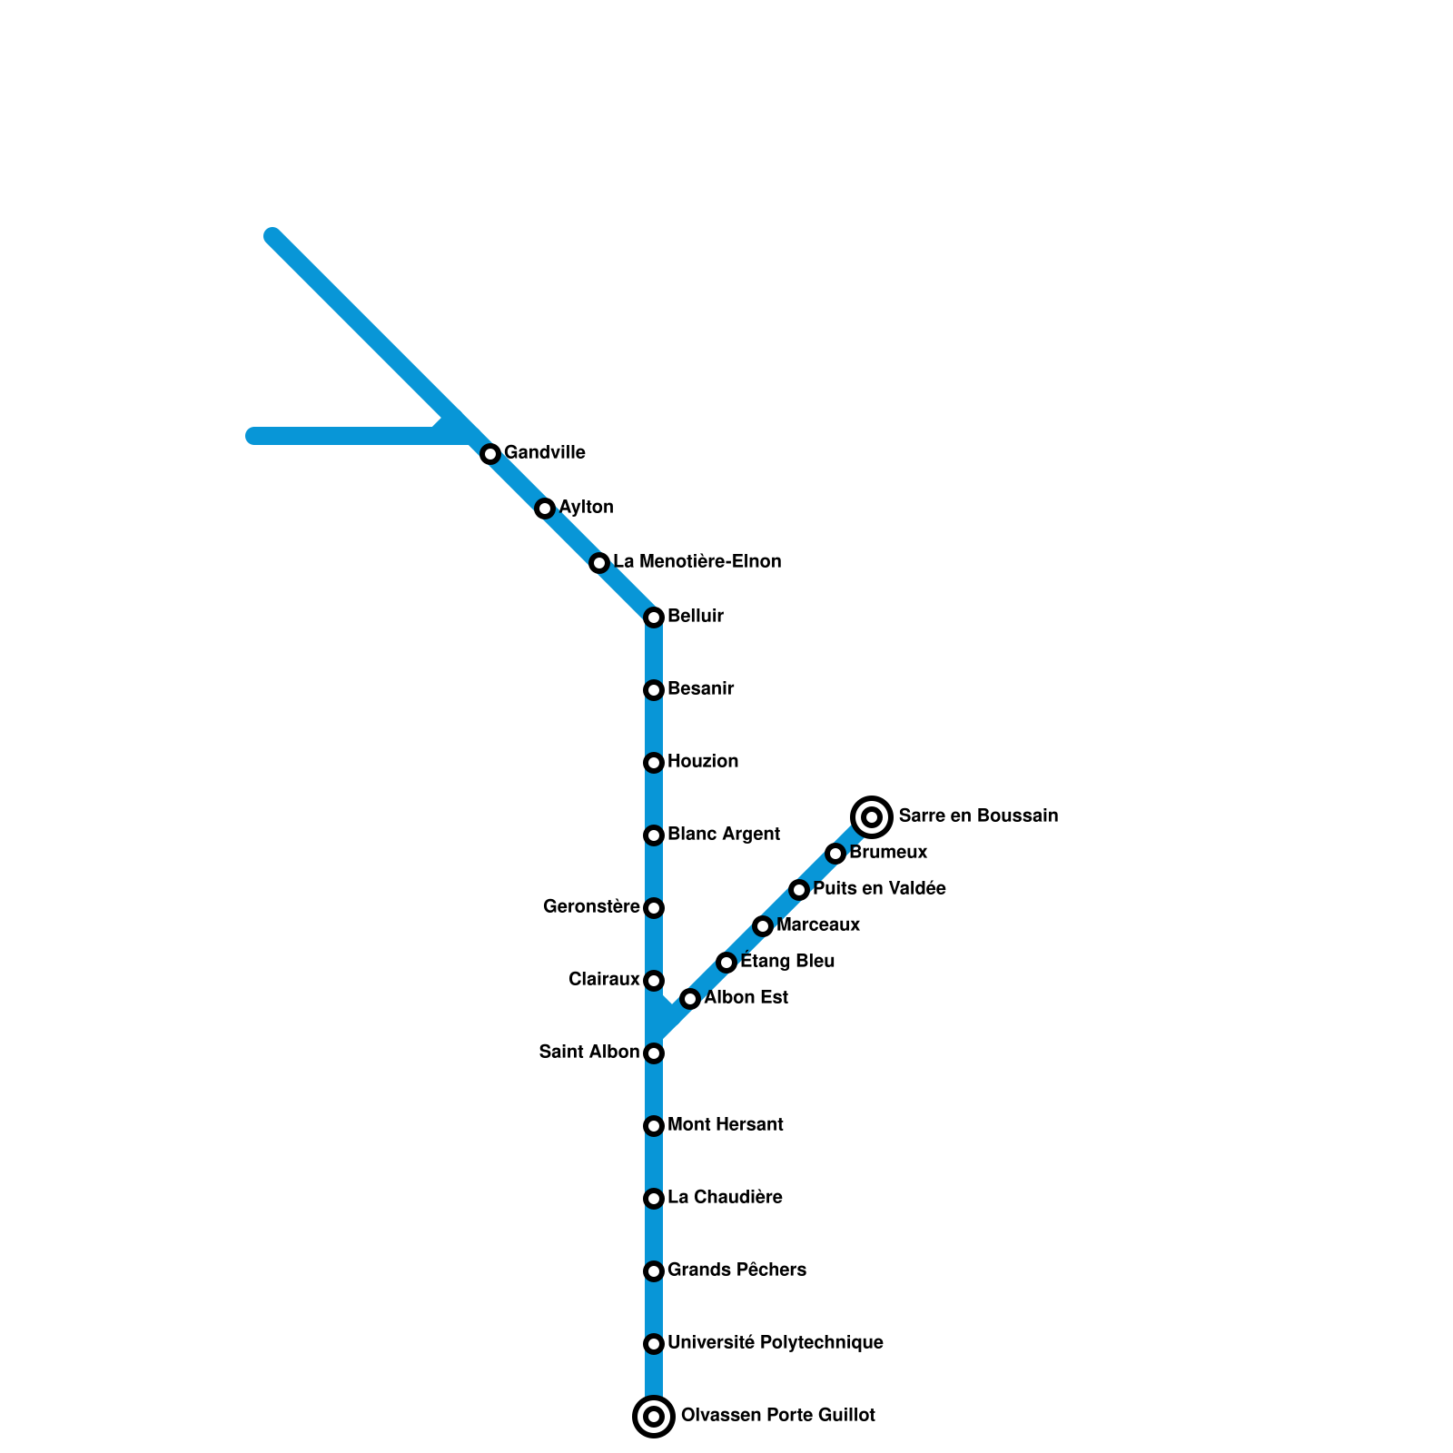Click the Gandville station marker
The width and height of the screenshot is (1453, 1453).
click(490, 454)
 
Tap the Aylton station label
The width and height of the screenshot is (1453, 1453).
click(586, 507)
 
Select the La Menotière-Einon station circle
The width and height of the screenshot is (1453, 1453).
click(599, 563)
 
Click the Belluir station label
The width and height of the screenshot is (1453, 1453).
click(695, 617)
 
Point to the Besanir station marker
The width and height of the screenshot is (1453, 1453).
click(654, 690)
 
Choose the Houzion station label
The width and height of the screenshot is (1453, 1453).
click(702, 761)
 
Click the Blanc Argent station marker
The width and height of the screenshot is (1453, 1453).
click(654, 835)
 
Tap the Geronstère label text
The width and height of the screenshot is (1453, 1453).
click(591, 906)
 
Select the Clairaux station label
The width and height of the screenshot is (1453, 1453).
click(604, 979)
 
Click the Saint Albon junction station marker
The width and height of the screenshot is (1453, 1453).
click(654, 1053)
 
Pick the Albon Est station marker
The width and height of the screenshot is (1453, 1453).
click(690, 999)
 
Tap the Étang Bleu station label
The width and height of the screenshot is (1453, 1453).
click(787, 961)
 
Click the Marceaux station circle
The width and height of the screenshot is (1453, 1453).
click(763, 926)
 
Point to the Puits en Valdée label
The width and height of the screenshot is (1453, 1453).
click(879, 888)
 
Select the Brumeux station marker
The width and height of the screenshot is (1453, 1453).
click(835, 854)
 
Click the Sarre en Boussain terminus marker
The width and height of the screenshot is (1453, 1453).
click(872, 817)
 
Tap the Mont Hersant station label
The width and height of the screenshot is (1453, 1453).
click(725, 1124)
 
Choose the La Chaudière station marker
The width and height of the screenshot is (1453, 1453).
click(654, 1199)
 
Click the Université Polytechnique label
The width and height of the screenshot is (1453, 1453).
click(775, 1342)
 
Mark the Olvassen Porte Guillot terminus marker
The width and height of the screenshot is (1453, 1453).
click(654, 1417)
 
